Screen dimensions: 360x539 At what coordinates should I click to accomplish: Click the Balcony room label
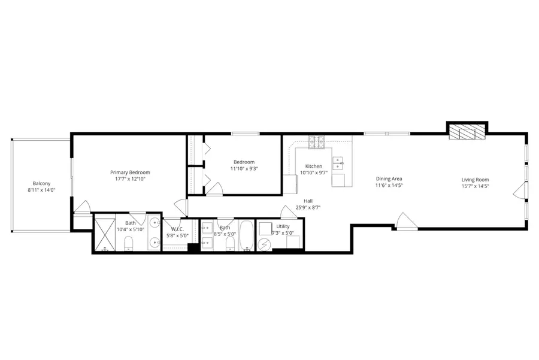point(41,183)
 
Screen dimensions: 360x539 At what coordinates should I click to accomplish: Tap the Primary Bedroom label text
point(130,172)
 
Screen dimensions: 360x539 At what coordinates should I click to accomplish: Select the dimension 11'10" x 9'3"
point(244,169)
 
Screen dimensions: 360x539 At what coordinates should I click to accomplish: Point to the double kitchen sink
point(338,162)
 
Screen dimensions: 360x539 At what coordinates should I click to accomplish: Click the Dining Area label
point(389,179)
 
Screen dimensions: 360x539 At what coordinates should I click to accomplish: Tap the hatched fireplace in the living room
point(467,132)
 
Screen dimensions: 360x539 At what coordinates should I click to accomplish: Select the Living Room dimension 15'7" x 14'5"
point(475,186)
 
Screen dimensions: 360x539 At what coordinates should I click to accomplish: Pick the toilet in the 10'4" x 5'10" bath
point(128,243)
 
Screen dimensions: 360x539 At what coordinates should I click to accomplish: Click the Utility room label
point(283,226)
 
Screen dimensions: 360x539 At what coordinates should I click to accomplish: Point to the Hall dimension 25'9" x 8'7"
point(308,207)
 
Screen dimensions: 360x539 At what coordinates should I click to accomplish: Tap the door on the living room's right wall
point(519,192)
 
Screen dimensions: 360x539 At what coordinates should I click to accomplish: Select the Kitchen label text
point(313,166)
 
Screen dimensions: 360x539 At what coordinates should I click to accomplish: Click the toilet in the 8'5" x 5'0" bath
point(230,243)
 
